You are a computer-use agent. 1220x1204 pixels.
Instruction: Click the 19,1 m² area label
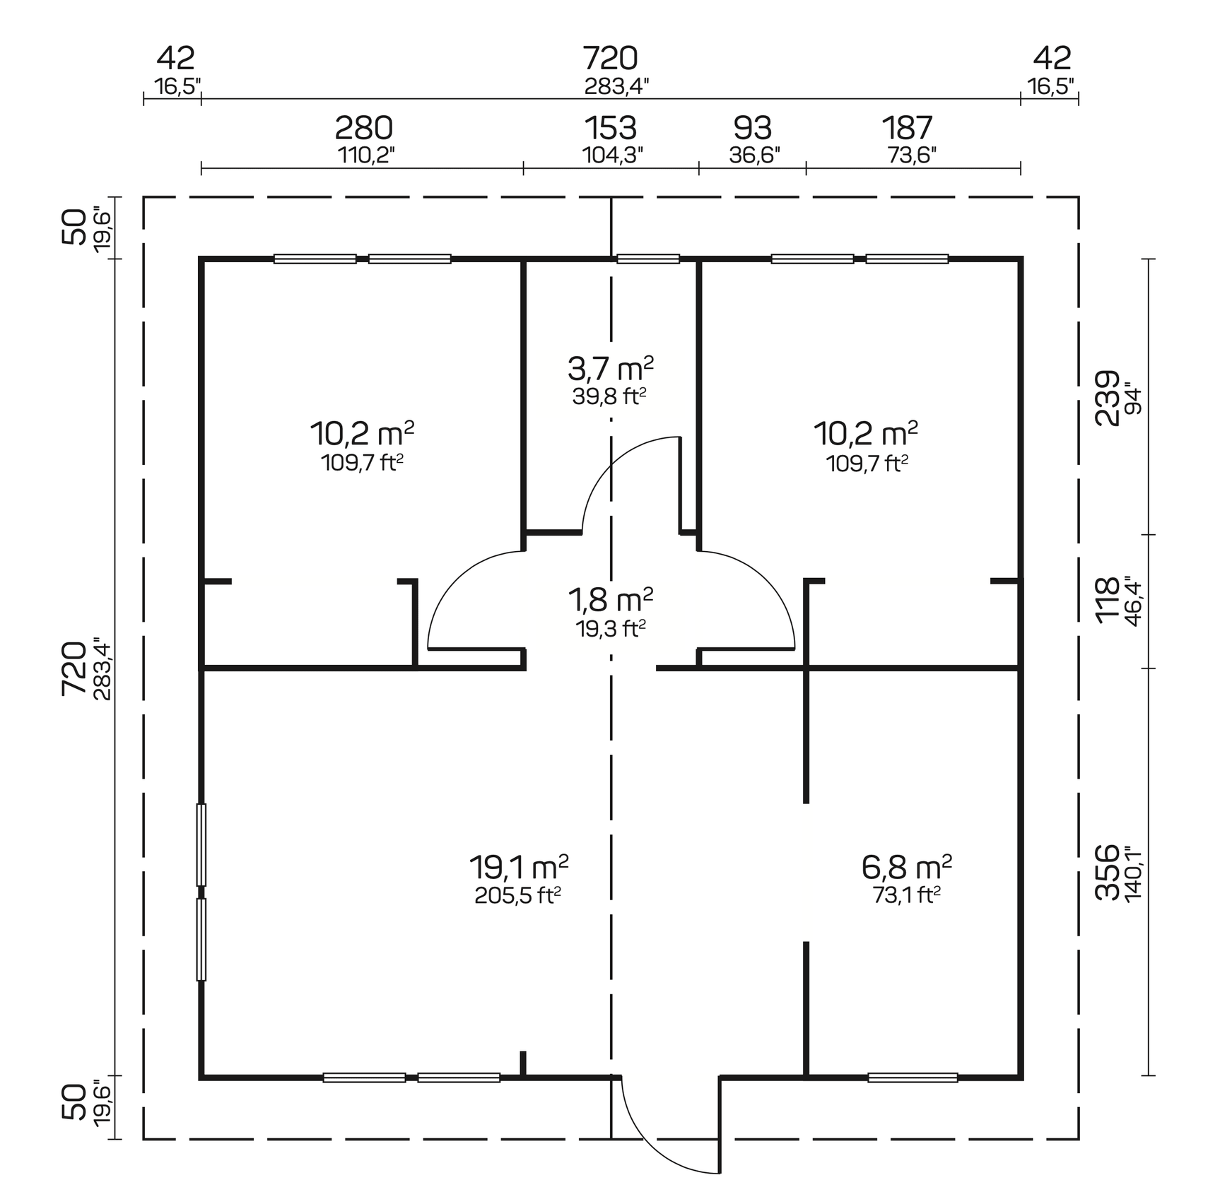point(518,865)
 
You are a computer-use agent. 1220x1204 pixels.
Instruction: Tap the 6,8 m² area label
point(907,865)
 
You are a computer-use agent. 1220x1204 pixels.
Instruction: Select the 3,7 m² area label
point(610,368)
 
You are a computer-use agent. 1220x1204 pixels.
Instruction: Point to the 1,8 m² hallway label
point(610,600)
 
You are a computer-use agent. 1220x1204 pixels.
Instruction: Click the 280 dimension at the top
point(363,129)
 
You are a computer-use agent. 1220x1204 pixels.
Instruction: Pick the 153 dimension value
point(611,129)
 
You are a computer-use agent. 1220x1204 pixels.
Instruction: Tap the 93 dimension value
point(753,129)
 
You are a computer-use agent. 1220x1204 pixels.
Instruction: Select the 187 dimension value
point(908,129)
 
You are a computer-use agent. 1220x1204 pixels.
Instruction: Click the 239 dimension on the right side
point(1107,398)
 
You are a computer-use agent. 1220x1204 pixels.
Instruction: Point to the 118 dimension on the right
point(1107,601)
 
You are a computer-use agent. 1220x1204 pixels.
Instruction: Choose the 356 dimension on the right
point(1107,873)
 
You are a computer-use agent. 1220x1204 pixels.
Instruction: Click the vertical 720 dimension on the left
point(74,668)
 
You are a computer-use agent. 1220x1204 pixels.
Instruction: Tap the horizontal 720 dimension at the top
point(610,58)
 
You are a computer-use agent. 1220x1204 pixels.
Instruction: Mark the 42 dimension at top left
point(175,58)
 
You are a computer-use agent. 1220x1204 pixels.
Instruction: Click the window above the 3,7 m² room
point(648,259)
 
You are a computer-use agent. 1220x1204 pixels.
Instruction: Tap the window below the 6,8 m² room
point(913,1078)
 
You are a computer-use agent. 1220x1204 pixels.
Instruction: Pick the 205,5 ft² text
point(518,896)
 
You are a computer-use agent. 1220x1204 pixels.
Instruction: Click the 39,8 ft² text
point(610,397)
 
